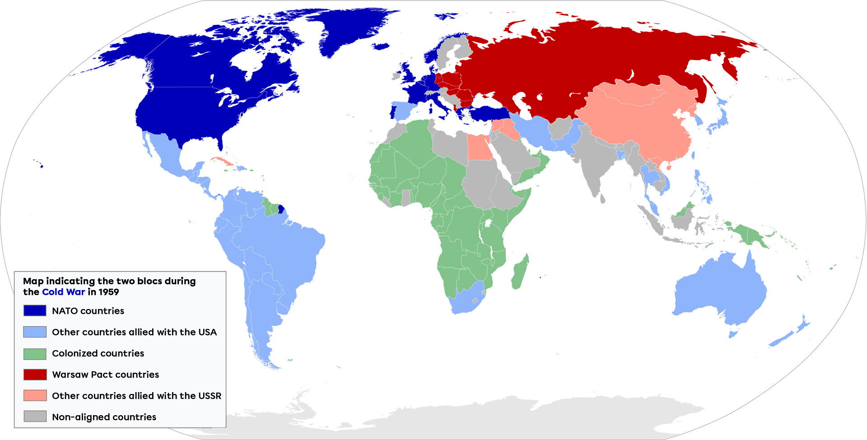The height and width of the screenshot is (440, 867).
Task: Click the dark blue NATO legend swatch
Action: pyautogui.click(x=35, y=310)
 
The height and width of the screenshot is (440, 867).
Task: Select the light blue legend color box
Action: pyautogui.click(x=35, y=332)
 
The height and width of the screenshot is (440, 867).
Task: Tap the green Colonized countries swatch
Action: pyautogui.click(x=35, y=353)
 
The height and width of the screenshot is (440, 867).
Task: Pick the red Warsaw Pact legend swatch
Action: pyautogui.click(x=35, y=374)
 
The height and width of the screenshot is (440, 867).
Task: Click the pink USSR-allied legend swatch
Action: pyautogui.click(x=35, y=396)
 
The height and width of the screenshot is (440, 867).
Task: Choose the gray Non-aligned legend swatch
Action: pyautogui.click(x=35, y=417)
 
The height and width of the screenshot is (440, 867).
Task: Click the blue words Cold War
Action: pyautogui.click(x=63, y=292)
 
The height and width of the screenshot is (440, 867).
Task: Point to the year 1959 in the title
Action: pyautogui.click(x=108, y=292)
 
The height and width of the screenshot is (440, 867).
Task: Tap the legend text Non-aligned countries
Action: pyautogui.click(x=104, y=417)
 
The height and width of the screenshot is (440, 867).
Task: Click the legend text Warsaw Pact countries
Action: pyautogui.click(x=105, y=374)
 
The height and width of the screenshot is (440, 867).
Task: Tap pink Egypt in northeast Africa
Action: pyautogui.click(x=479, y=148)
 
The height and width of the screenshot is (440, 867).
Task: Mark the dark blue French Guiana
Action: pyautogui.click(x=281, y=209)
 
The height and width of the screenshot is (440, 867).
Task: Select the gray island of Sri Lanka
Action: pyautogui.click(x=602, y=198)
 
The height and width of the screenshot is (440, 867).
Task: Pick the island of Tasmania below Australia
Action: pyautogui.click(x=733, y=334)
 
